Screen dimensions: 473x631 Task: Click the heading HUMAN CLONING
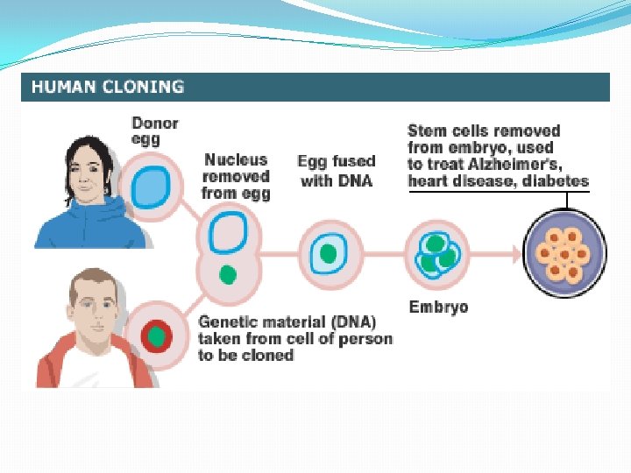108,87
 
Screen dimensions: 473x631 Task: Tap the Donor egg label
154,131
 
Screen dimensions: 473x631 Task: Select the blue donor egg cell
150,188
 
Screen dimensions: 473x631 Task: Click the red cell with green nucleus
156,335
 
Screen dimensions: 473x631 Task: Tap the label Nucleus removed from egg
236,176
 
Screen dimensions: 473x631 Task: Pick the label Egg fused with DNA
336,171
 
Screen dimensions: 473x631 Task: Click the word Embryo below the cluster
438,307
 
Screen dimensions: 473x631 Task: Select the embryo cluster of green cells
438,253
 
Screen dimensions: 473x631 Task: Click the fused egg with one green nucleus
328,254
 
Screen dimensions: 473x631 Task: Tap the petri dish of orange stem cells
565,253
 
